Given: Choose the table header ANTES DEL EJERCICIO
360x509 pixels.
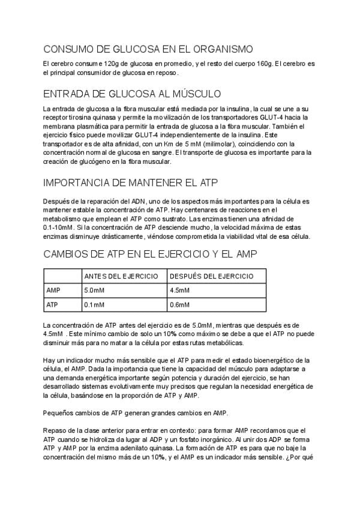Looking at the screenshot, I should (121, 276).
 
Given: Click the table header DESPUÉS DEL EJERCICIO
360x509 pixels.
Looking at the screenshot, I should (212, 276).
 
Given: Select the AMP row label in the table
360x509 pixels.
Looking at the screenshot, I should (53, 291).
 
